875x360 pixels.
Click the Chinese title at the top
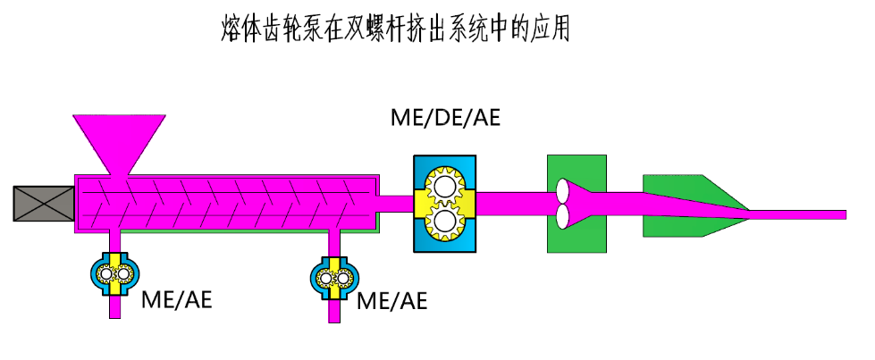click(x=394, y=29)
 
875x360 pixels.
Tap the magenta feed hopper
click(x=118, y=139)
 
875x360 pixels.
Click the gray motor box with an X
click(x=44, y=203)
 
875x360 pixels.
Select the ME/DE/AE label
click(x=445, y=118)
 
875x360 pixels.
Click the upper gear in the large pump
click(x=444, y=188)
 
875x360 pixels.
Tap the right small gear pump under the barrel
click(x=333, y=278)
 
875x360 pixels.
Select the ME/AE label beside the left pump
click(x=177, y=299)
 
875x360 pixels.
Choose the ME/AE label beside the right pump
click(x=391, y=299)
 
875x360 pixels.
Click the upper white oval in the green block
click(x=563, y=190)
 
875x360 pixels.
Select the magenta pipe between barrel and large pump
click(x=394, y=204)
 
